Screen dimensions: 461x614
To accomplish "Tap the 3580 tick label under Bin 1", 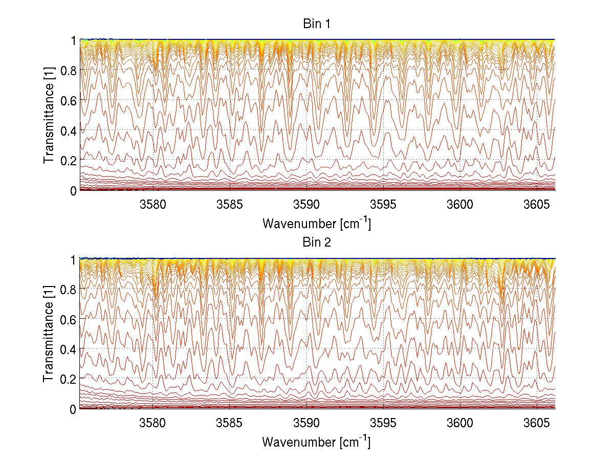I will (x=153, y=205).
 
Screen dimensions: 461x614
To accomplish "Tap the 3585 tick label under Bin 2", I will (x=230, y=423).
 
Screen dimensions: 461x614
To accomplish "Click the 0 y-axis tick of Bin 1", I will (x=73, y=190).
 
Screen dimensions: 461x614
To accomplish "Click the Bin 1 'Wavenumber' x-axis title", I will (x=316, y=223).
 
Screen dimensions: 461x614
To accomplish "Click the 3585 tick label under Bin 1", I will (x=230, y=205).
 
